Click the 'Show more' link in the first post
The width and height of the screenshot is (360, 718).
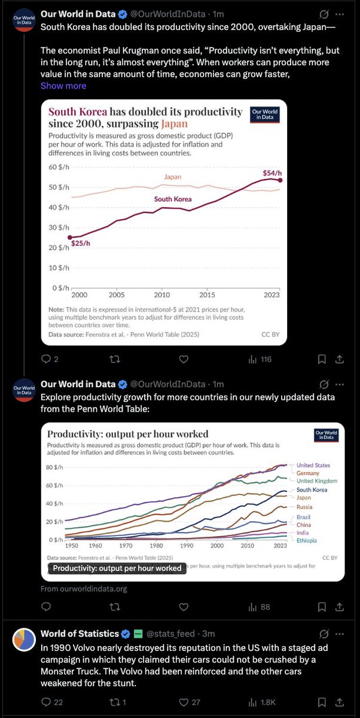point(63,86)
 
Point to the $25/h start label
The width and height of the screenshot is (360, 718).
point(81,243)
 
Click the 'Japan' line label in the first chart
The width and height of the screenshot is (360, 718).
point(172,177)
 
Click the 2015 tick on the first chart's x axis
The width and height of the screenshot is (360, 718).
point(207,295)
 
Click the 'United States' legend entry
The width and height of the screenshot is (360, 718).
point(313,465)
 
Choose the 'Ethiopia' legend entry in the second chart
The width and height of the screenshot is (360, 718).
point(307,540)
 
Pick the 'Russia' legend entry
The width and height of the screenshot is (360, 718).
point(305,507)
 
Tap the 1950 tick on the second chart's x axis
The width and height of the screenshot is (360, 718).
point(71,546)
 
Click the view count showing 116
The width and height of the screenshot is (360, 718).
point(260,359)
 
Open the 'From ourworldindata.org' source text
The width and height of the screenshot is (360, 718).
point(84,589)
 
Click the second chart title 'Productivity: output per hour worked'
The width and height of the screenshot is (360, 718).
point(127,434)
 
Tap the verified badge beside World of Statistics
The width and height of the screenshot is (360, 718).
point(126,634)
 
